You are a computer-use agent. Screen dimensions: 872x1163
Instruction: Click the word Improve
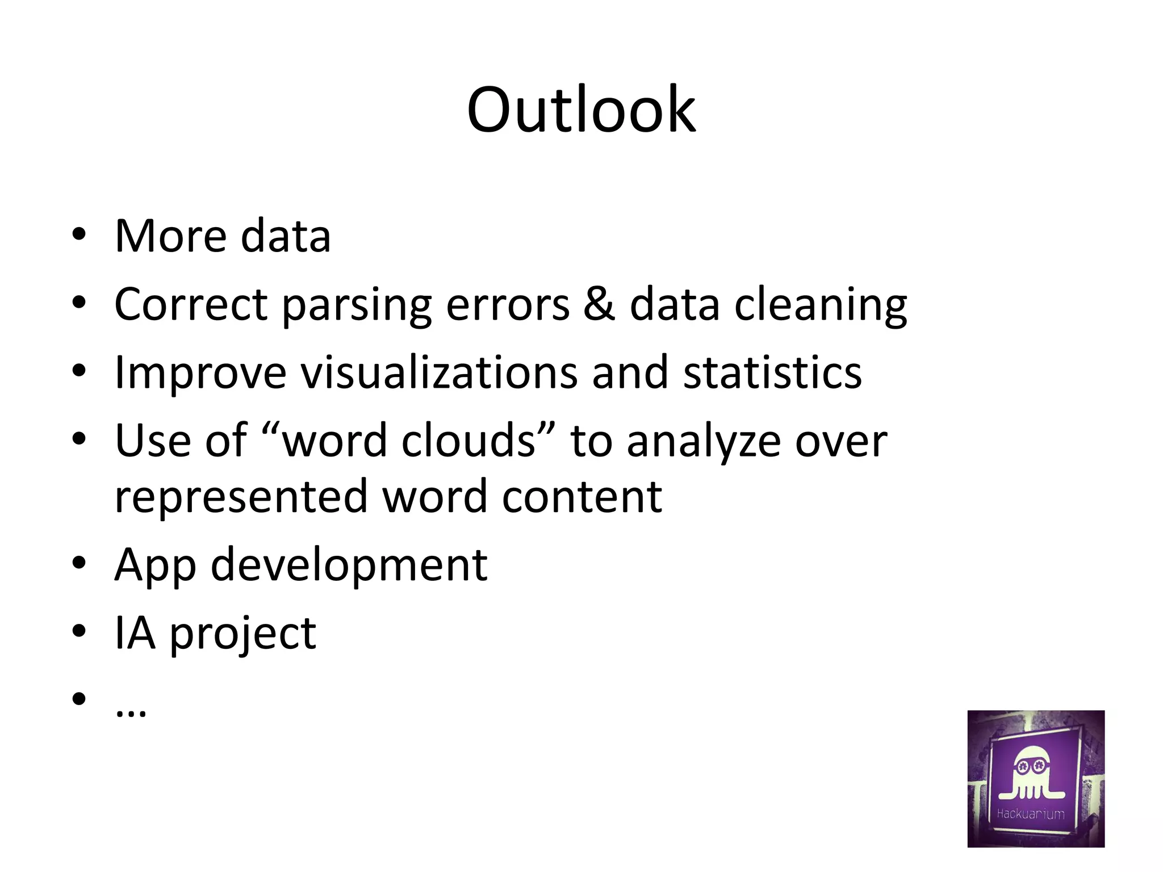pos(200,373)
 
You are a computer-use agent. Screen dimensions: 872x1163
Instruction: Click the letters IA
pos(135,633)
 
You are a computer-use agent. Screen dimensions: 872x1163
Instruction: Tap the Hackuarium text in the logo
pos(1031,814)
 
